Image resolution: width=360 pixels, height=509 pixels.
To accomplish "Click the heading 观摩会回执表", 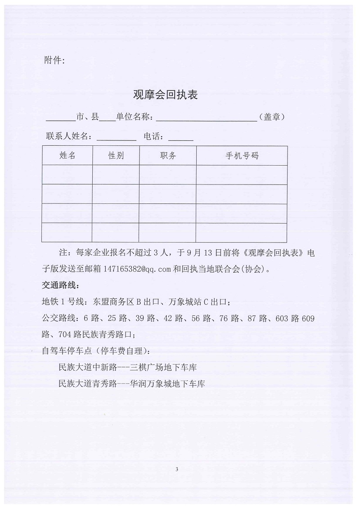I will pyautogui.click(x=166, y=95).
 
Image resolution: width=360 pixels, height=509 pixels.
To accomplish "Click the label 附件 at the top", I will pyautogui.click(x=54, y=61).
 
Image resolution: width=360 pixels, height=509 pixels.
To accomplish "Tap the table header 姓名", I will pyautogui.click(x=67, y=156).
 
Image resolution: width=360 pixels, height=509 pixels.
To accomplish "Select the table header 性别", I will pyautogui.click(x=116, y=156).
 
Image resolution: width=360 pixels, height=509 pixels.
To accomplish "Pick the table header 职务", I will pyautogui.click(x=168, y=156).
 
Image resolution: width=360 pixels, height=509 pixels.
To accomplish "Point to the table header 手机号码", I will pyautogui.click(x=242, y=156).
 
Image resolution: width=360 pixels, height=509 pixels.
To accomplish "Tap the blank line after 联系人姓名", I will pyautogui.click(x=116, y=139).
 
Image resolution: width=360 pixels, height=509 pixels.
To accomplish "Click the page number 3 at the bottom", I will pyautogui.click(x=177, y=469).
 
